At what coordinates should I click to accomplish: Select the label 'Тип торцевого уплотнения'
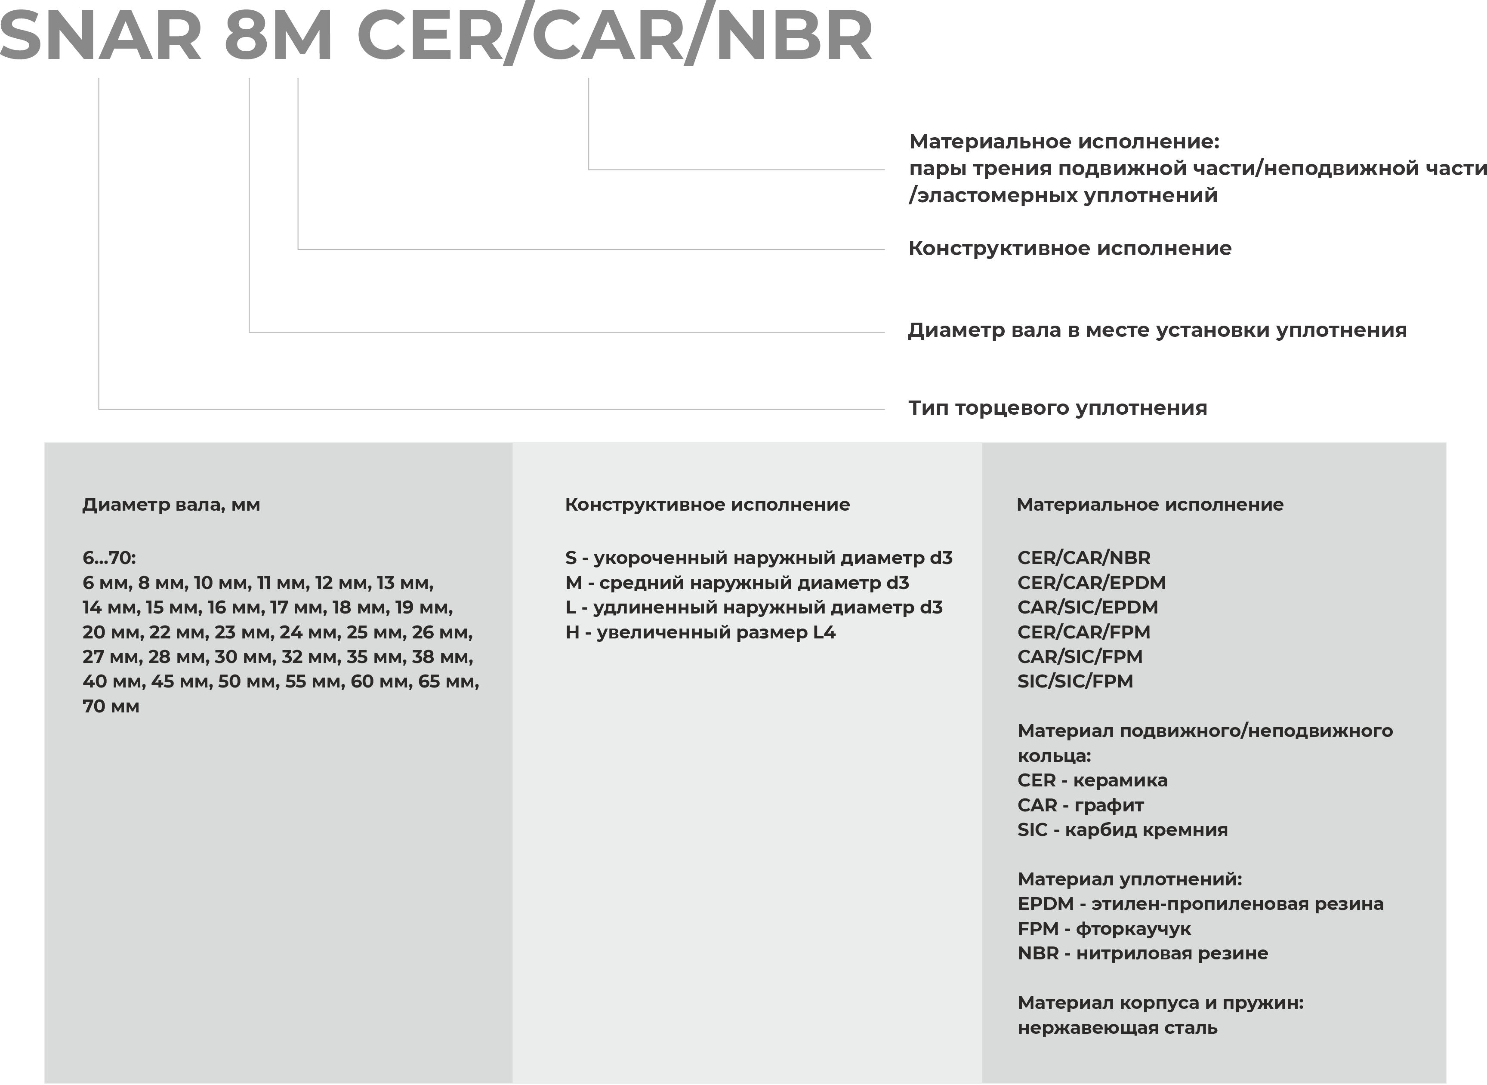click(x=1058, y=408)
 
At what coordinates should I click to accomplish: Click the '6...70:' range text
click(x=109, y=558)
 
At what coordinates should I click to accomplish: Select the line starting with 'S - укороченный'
click(x=759, y=558)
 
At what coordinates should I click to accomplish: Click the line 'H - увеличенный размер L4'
click(x=700, y=632)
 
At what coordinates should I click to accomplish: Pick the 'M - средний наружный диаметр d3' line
click(x=737, y=583)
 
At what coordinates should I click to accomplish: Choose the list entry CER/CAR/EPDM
click(x=1092, y=583)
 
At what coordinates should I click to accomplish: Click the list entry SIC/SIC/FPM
click(x=1075, y=681)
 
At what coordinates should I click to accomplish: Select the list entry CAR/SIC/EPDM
click(x=1088, y=607)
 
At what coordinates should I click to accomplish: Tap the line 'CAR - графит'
click(x=1080, y=805)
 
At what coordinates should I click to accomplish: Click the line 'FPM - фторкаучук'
click(x=1104, y=929)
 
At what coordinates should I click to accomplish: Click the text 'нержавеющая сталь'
click(x=1117, y=1028)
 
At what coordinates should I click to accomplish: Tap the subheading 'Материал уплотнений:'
click(x=1130, y=879)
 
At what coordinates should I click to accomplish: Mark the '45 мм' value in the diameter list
click(x=181, y=682)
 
